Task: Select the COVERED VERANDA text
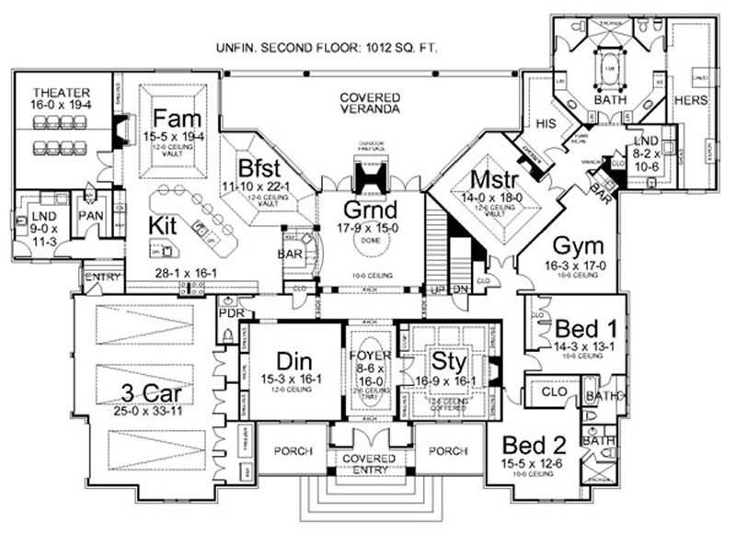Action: pyautogui.click(x=369, y=103)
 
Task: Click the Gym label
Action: pyautogui.click(x=577, y=245)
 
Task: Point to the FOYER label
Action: pyautogui.click(x=368, y=351)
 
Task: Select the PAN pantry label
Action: pyautogui.click(x=90, y=215)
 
